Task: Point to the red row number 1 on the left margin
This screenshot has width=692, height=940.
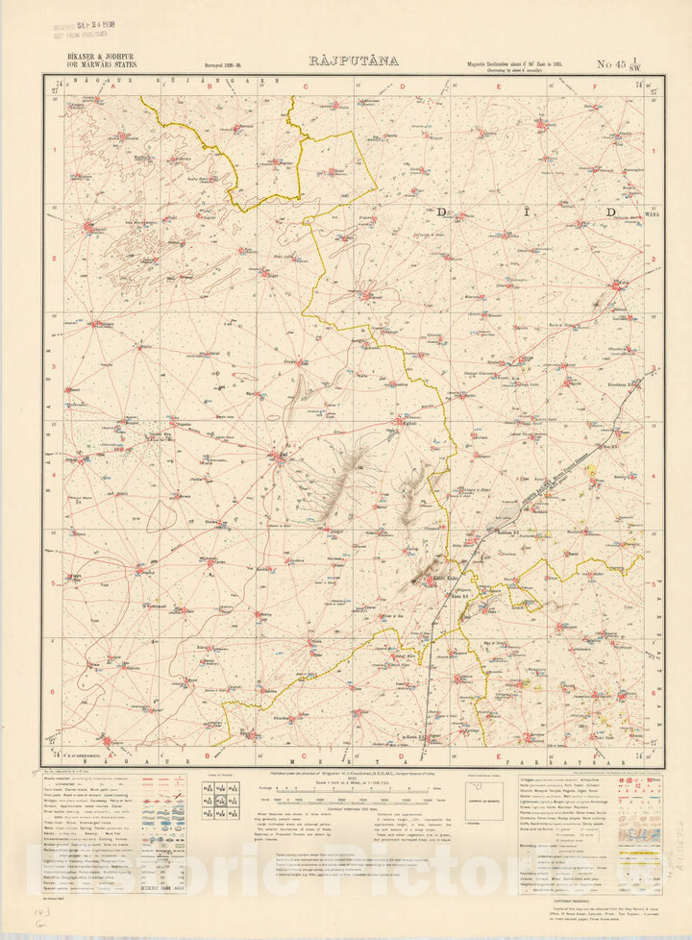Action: click(x=55, y=149)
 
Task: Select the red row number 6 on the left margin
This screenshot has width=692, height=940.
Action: click(x=55, y=692)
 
